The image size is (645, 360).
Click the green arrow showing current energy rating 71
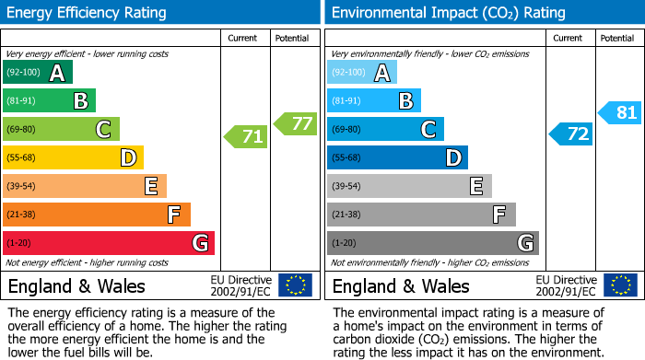point(246,137)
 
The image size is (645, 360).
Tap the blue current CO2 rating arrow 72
point(571,134)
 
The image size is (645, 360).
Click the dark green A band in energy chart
point(38,73)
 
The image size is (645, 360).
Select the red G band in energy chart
point(109,243)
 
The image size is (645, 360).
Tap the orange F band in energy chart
point(97,215)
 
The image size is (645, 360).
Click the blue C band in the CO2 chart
point(385,129)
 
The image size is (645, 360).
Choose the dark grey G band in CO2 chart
point(432,243)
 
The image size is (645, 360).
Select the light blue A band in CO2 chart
point(362,73)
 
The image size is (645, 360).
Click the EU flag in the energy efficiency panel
point(295,285)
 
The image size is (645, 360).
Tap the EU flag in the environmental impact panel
point(619,285)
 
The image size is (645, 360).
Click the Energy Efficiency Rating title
point(88,13)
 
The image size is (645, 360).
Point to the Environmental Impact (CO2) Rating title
point(448,13)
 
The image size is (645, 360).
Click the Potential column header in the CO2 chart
point(617,38)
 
